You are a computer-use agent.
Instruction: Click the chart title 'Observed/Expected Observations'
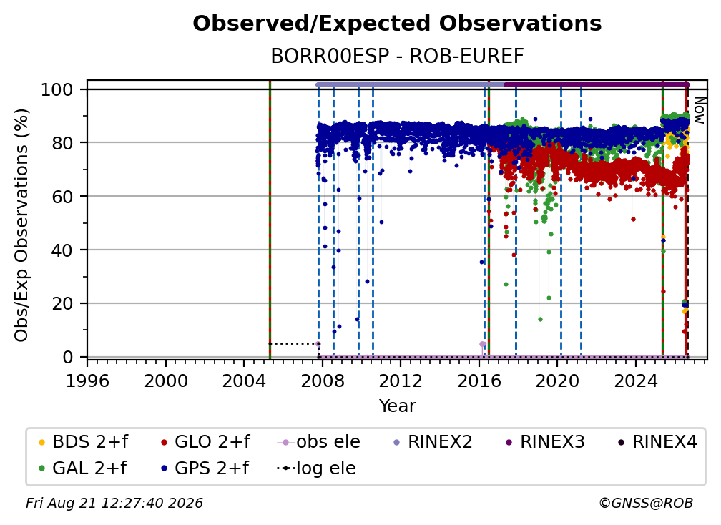pyautogui.click(x=397, y=24)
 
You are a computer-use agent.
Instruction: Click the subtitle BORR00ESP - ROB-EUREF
pyautogui.click(x=397, y=57)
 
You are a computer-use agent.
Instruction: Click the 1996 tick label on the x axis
pyautogui.click(x=87, y=381)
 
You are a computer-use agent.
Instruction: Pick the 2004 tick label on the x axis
pyautogui.click(x=244, y=381)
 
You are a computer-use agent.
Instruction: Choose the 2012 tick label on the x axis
pyautogui.click(x=401, y=381)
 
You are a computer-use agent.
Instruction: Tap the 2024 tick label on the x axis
pyautogui.click(x=635, y=381)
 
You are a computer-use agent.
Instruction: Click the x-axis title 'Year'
pyautogui.click(x=397, y=406)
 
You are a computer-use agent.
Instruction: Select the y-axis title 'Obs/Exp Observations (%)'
pyautogui.click(x=21, y=225)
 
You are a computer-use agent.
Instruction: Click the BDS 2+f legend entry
pyautogui.click(x=83, y=442)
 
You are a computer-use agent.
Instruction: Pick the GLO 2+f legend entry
pyautogui.click(x=205, y=442)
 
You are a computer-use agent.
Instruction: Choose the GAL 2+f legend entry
pyautogui.click(x=82, y=468)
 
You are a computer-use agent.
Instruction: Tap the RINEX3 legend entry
pyautogui.click(x=544, y=442)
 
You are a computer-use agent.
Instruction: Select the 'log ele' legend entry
pyautogui.click(x=316, y=468)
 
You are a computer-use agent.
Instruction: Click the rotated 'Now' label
pyautogui.click(x=699, y=110)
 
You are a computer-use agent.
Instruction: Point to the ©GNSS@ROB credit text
pyautogui.click(x=646, y=504)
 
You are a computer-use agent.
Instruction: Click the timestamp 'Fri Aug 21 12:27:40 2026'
pyautogui.click(x=114, y=504)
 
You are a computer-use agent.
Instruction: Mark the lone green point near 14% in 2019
pyautogui.click(x=540, y=320)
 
